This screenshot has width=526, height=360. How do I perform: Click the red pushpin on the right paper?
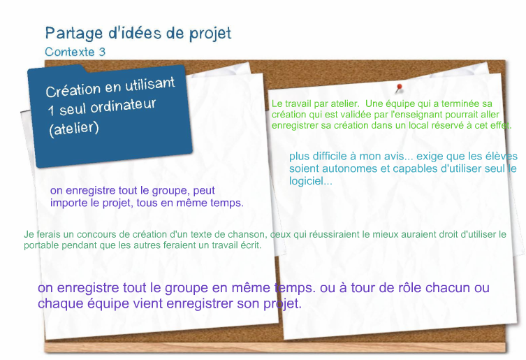point(399,88)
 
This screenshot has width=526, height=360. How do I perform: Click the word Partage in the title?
point(74,34)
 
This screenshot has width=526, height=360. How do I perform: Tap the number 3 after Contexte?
point(102,52)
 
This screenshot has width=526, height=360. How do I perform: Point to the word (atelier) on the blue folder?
point(74,129)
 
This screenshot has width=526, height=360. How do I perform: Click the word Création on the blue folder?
point(73,90)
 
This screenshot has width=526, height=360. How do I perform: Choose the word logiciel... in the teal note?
point(311,181)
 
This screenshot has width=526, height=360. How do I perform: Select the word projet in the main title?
point(210,34)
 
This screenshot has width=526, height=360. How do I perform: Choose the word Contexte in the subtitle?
point(70,52)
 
